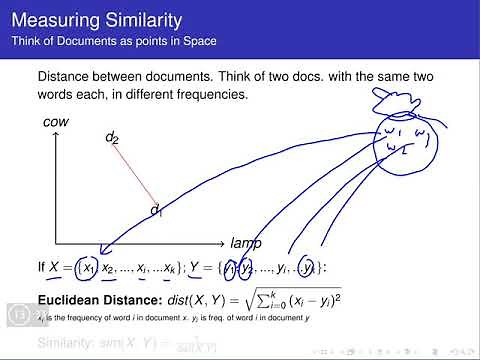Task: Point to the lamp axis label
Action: pos(245,243)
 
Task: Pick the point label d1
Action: pos(156,209)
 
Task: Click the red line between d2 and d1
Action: pos(135,175)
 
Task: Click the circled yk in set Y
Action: pos(313,267)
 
